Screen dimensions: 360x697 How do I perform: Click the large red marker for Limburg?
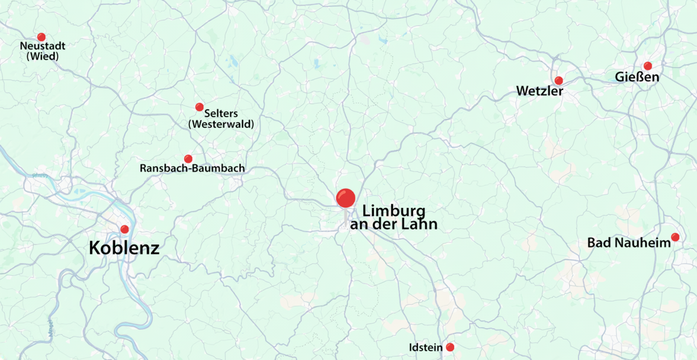346,198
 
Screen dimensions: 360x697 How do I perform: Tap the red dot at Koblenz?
124,229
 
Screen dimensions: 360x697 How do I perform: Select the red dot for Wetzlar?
559,80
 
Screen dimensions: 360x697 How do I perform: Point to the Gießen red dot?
648,66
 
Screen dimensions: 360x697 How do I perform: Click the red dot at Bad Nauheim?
675,237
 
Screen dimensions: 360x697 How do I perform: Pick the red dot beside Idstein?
450,347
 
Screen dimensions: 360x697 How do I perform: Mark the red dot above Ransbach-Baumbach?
188,159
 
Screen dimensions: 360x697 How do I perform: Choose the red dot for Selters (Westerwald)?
199,107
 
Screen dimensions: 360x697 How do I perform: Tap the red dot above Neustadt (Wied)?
41,37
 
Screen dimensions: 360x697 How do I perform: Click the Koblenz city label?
124,248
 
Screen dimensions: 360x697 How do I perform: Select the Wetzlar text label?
540,91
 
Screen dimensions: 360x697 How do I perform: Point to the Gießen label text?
637,77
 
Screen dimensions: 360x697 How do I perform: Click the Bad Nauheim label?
629,243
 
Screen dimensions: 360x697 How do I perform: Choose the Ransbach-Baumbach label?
192,169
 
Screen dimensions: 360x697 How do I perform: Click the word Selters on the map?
221,113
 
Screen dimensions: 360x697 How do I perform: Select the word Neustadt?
42,46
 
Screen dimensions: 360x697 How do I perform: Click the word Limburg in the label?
394,211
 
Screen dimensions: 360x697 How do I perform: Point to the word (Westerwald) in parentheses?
221,124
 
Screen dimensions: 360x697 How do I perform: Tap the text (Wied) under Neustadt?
42,56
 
